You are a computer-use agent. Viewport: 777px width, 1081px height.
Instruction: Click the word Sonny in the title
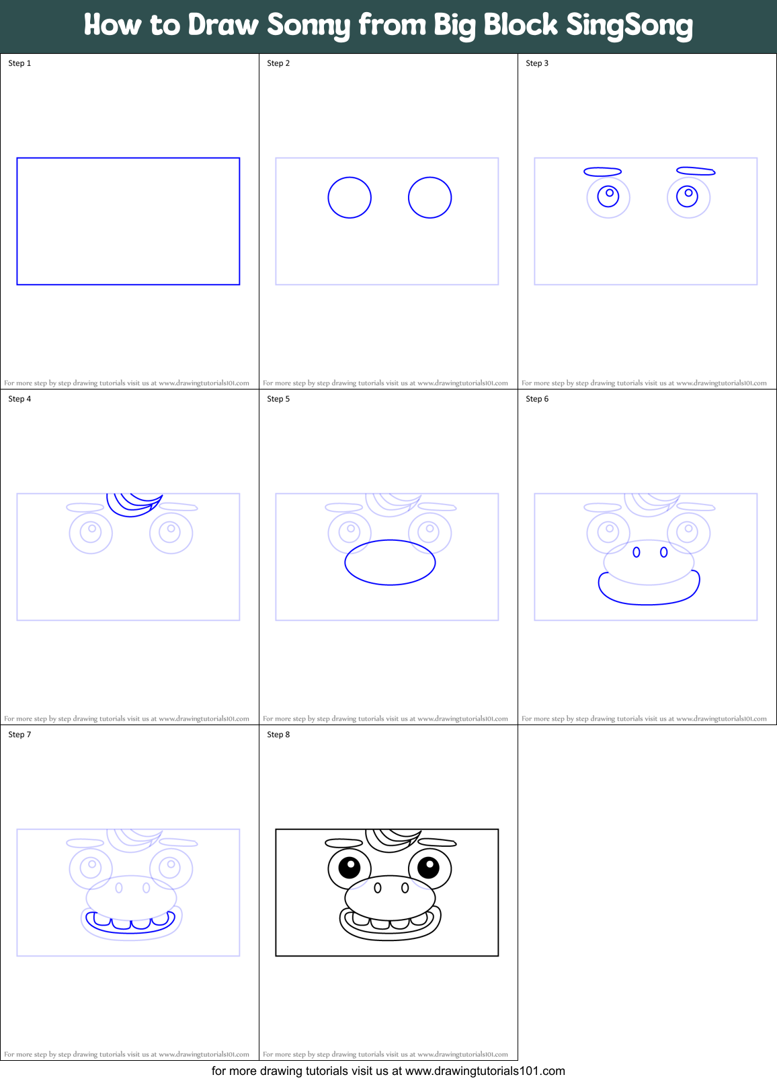(x=309, y=26)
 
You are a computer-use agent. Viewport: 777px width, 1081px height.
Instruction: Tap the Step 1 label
(x=19, y=63)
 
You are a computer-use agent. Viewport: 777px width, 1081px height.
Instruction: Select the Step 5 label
(x=278, y=399)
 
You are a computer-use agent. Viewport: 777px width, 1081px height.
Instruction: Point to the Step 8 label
(x=278, y=735)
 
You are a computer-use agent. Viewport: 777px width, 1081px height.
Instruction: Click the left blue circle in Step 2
(x=350, y=198)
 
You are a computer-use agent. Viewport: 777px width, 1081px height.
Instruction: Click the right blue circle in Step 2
(x=430, y=198)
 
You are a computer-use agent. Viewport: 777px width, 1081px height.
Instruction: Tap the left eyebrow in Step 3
(x=602, y=172)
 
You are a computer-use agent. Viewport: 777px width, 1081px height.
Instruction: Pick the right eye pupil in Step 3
(x=688, y=196)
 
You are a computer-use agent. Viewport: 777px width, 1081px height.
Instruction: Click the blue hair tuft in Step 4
(x=133, y=505)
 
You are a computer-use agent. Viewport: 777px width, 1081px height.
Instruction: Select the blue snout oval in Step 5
(x=390, y=562)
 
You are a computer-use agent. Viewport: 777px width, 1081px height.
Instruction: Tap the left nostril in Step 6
(x=637, y=552)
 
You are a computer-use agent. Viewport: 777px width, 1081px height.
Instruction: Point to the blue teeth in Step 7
(x=131, y=922)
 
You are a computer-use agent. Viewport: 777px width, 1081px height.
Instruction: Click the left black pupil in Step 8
(x=350, y=868)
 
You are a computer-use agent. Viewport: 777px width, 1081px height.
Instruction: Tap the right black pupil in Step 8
(x=428, y=868)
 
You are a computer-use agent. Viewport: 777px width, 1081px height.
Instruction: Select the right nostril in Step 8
(x=405, y=888)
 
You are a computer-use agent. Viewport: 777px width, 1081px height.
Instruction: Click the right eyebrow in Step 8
(x=437, y=842)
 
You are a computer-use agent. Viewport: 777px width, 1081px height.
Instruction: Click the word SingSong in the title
(x=628, y=26)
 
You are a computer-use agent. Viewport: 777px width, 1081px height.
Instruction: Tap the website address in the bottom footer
(x=485, y=1071)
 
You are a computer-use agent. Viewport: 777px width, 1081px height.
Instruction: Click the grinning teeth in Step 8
(x=390, y=922)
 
